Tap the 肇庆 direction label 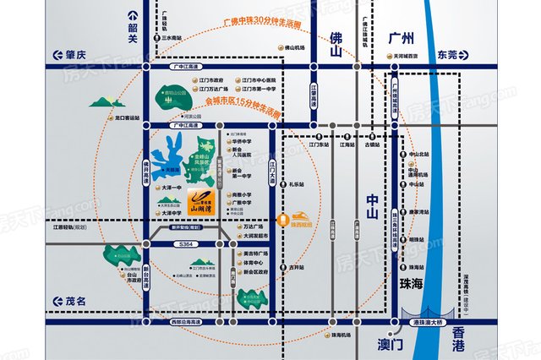pyautogui.click(x=74, y=54)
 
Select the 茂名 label pyautogui.click(x=74, y=302)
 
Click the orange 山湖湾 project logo pyautogui.click(x=199, y=200)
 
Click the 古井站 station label pyautogui.click(x=296, y=268)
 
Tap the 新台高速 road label pyautogui.click(x=145, y=270)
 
